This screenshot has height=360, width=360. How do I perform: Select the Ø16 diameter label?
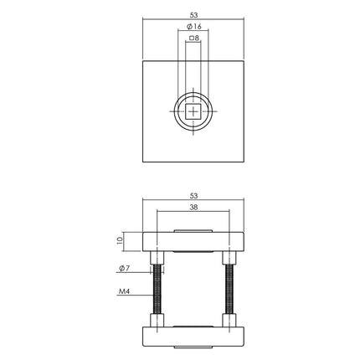(x=194, y=27)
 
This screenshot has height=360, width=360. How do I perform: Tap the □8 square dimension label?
(x=194, y=39)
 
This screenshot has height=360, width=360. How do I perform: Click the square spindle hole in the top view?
(x=194, y=111)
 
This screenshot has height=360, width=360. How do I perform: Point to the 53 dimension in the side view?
(x=194, y=197)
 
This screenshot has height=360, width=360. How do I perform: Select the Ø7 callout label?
(x=122, y=269)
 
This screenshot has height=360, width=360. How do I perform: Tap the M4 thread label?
(x=123, y=293)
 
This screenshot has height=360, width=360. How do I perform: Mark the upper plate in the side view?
(x=194, y=241)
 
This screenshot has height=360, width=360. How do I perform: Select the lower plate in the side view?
(x=194, y=337)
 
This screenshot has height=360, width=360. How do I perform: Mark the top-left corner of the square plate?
(x=144, y=61)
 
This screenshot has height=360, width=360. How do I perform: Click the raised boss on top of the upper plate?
(x=194, y=229)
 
